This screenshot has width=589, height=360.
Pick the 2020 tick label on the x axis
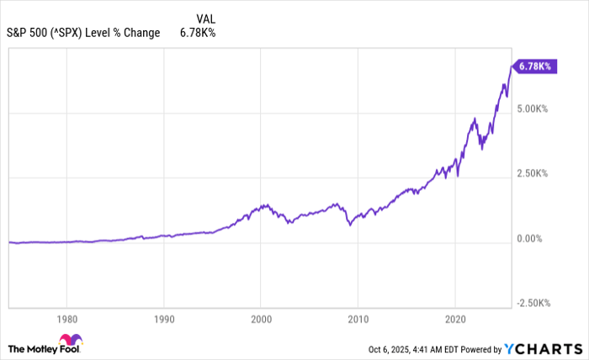[455, 319]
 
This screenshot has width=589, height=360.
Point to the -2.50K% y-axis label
[533, 303]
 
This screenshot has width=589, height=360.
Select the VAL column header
[204, 19]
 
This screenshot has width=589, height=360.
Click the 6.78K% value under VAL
[199, 34]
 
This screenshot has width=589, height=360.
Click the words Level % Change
[130, 34]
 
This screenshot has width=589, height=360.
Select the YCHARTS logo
[547, 348]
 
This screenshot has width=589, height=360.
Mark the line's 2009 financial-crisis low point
[350, 225]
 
